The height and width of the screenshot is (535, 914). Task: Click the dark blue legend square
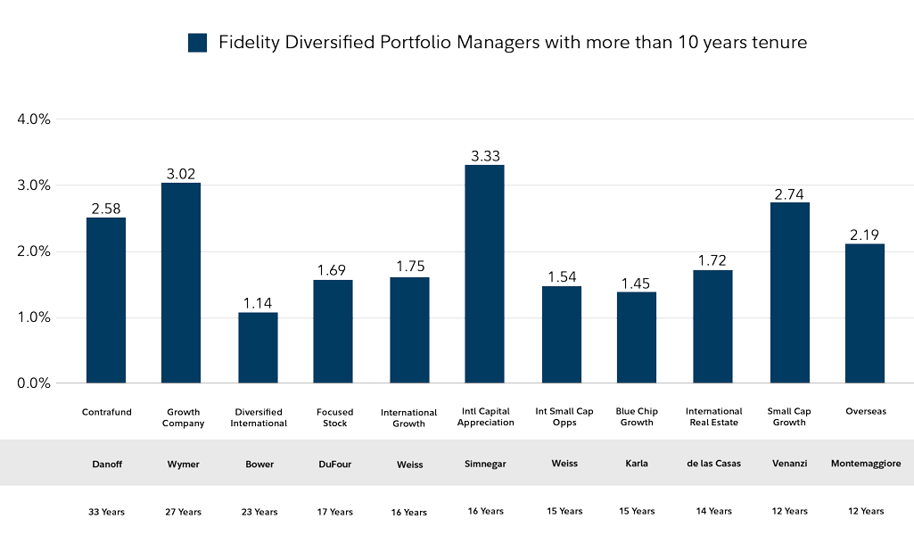[197, 43]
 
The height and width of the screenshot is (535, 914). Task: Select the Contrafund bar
[106, 300]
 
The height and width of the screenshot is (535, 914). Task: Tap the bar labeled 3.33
[485, 274]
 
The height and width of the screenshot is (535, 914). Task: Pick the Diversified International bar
[258, 348]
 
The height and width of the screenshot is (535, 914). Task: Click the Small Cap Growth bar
[789, 292]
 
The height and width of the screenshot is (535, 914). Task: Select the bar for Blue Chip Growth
[637, 337]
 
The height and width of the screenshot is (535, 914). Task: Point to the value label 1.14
[258, 303]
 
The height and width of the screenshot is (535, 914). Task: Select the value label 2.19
[865, 235]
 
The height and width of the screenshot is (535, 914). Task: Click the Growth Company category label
[183, 417]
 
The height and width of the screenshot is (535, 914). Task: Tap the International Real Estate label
[713, 417]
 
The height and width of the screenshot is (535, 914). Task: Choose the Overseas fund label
[865, 411]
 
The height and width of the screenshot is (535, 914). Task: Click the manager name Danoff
[107, 464]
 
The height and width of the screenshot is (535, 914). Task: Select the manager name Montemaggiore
[865, 464]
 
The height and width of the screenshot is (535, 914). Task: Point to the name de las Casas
[713, 464]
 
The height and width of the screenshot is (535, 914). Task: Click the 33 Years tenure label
[107, 512]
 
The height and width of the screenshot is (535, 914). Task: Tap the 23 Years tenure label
[259, 512]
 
